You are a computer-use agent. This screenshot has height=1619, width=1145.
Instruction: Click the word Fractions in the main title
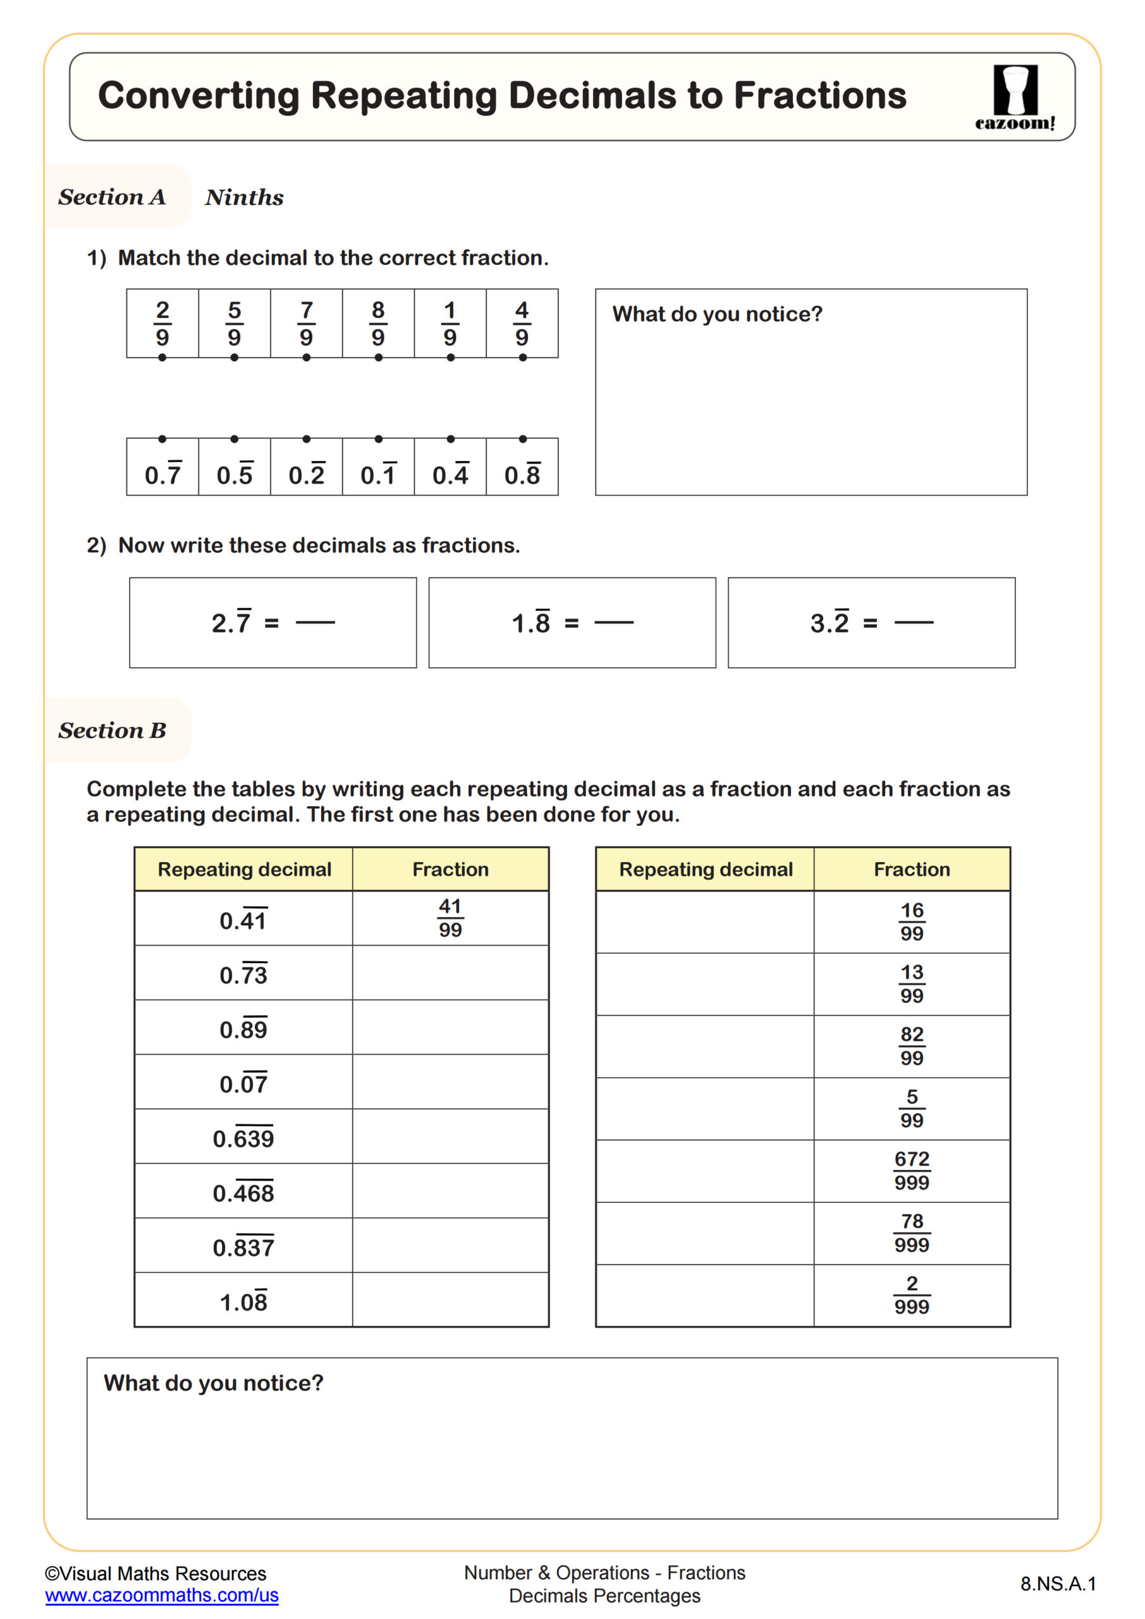point(819,95)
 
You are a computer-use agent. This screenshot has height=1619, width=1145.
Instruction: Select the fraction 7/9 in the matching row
point(306,324)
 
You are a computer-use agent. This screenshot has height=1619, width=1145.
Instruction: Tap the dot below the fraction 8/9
point(379,357)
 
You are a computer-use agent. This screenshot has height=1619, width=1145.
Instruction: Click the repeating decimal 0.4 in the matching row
point(450,474)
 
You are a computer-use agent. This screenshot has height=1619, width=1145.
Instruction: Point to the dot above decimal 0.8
point(522,439)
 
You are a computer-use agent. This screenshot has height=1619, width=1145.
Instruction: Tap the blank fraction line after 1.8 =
point(614,623)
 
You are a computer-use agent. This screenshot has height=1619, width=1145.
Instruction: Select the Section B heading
point(112,730)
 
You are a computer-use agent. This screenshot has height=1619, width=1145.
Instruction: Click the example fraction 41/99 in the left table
point(450,918)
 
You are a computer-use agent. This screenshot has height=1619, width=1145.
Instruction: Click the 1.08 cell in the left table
point(243,1302)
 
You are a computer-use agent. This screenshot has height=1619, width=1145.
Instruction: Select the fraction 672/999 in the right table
point(912,1171)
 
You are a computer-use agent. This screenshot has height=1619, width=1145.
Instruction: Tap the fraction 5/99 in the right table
point(912,1109)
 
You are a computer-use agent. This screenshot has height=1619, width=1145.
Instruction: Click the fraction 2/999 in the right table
point(912,1295)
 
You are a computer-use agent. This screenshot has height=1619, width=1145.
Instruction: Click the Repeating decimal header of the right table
point(705,870)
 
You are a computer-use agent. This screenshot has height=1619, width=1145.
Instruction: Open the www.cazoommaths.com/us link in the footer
point(161,1594)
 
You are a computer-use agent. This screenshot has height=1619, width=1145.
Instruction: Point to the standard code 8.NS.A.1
point(1058,1584)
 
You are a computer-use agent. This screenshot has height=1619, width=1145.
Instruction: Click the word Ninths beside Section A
point(244,197)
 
